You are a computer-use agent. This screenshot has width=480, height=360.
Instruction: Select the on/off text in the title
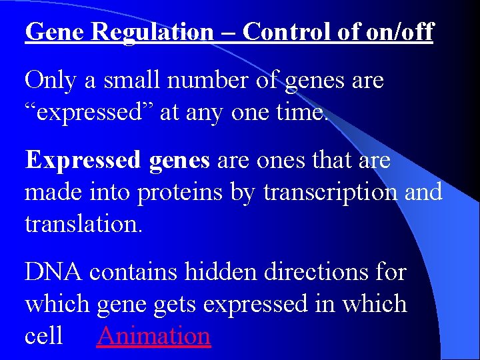click(399, 31)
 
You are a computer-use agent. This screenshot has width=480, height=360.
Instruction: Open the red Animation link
click(154, 335)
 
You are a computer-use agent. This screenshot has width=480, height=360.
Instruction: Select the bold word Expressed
click(83, 160)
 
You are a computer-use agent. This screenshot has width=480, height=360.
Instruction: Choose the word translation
click(82, 223)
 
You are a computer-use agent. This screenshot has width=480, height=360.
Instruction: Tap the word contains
click(133, 271)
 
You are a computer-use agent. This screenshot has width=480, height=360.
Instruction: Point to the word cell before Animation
click(43, 335)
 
